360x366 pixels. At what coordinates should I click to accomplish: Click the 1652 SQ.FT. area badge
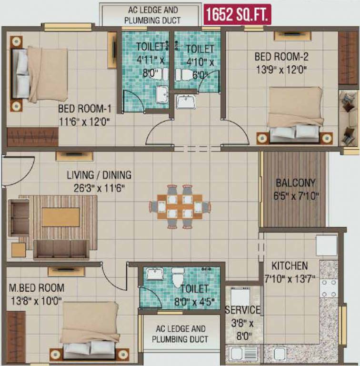click(x=238, y=14)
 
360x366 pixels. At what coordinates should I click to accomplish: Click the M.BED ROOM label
click(x=36, y=288)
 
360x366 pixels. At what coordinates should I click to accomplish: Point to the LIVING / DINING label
click(x=99, y=175)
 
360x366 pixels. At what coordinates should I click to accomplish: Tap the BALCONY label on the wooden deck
click(x=295, y=183)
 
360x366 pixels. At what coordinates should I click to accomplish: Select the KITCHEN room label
click(x=290, y=265)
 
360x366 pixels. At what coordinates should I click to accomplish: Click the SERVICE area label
click(x=243, y=310)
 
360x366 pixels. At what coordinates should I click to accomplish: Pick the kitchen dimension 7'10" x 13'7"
click(x=290, y=279)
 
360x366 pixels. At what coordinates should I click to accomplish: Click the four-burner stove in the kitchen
click(x=329, y=288)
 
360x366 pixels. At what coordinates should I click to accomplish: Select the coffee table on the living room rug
click(x=60, y=217)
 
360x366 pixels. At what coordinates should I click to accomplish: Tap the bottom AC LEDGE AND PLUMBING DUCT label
click(x=180, y=334)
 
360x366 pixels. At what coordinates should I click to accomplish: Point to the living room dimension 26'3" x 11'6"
click(x=99, y=188)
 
